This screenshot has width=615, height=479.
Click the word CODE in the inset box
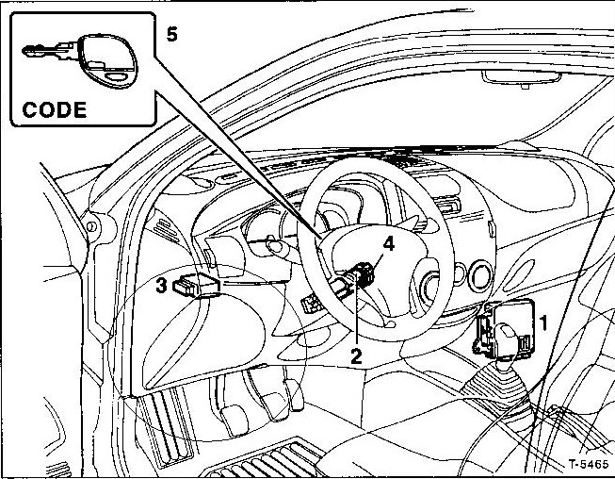[54, 108]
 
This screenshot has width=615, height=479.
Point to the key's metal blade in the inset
[48, 54]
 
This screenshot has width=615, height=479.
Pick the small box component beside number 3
[200, 283]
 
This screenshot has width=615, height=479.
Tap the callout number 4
[388, 244]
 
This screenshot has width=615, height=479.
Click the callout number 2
[356, 355]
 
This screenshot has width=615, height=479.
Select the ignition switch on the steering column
[361, 277]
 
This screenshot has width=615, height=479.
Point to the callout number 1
[543, 323]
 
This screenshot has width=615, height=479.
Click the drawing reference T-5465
[590, 465]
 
